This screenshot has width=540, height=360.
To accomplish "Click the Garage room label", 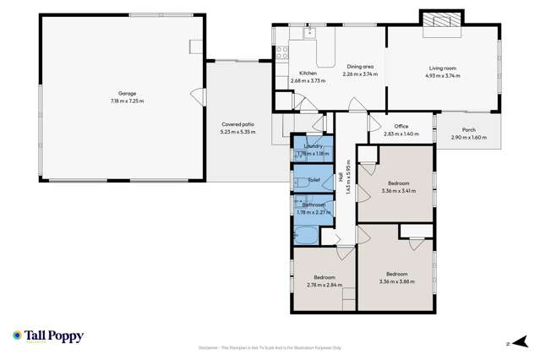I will [127, 94].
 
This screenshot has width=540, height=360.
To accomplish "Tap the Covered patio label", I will [237, 124].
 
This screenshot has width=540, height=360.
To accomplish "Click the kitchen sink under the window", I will [309, 33].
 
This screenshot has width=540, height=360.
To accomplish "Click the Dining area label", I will [359, 67].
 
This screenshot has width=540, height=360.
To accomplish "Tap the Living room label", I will [443, 67].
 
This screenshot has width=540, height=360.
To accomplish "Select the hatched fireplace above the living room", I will [443, 19].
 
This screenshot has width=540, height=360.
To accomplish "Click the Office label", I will [401, 127].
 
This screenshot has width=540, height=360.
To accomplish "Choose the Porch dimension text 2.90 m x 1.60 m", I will [468, 138].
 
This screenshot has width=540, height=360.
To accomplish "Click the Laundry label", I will [313, 146].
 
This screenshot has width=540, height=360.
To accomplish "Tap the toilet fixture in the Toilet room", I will [298, 181].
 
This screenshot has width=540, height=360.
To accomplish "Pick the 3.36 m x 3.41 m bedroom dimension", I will [398, 191].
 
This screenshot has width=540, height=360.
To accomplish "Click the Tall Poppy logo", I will [48, 336].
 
